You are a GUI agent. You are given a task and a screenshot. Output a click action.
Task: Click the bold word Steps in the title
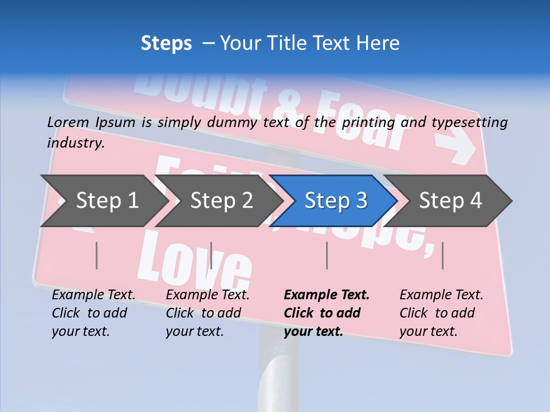(166, 43)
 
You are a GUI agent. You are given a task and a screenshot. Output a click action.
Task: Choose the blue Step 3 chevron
(336, 201)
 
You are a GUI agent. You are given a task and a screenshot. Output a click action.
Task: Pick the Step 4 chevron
(450, 201)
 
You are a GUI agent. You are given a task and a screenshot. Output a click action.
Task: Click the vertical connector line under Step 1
(97, 255)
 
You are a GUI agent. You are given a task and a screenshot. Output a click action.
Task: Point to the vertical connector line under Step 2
(211, 255)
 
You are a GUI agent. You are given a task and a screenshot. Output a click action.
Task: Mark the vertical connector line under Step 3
(327, 255)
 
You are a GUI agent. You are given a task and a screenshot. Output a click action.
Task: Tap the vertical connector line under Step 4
(442, 255)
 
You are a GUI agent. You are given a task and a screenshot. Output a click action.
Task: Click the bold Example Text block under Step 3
(327, 313)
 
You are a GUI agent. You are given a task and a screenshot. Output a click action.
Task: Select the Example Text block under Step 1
(93, 313)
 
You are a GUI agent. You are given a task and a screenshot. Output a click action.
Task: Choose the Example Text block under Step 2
(207, 313)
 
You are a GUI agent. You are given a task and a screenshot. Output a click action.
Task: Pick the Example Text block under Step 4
(441, 313)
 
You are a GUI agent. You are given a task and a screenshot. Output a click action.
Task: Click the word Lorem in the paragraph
(68, 122)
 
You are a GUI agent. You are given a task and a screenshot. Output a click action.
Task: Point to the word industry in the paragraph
(75, 143)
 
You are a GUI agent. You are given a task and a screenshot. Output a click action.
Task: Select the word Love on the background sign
(195, 260)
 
